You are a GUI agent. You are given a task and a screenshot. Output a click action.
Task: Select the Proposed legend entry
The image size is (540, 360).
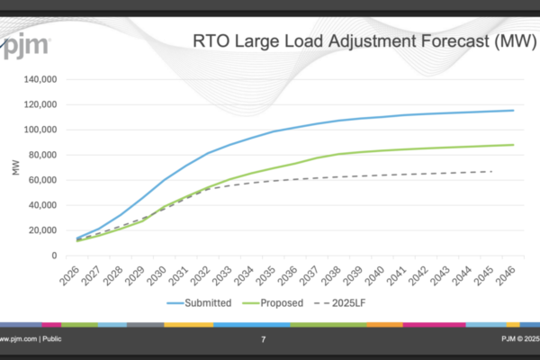[x=282, y=302]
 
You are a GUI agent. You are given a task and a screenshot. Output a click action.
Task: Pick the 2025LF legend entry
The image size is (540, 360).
[x=356, y=302]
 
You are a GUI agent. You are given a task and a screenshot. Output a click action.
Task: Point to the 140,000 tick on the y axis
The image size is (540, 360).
[x=39, y=79]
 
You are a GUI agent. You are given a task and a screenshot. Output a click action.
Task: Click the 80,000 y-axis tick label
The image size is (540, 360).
[x=41, y=155]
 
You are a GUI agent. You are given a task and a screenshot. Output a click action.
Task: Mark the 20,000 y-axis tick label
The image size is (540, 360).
[x=41, y=230]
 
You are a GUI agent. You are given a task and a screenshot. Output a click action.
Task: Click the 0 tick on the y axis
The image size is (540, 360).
[x=55, y=256]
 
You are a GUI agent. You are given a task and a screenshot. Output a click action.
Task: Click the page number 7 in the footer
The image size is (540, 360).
[x=263, y=339]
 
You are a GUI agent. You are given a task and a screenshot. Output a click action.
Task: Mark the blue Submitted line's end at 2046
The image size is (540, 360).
[x=513, y=111]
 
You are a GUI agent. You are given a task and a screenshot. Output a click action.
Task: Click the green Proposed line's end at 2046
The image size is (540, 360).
[x=513, y=145]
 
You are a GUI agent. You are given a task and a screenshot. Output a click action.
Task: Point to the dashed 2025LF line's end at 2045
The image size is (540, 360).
[x=491, y=171]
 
